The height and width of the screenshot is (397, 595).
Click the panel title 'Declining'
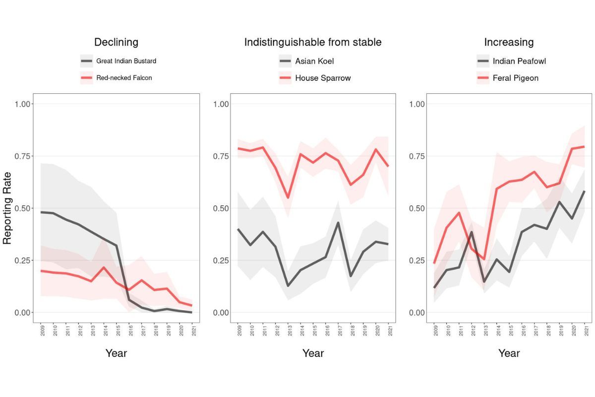(116, 42)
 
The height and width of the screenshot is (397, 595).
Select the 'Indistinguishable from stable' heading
(313, 42)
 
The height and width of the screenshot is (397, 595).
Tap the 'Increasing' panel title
(509, 42)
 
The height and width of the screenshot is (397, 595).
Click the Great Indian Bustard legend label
(126, 61)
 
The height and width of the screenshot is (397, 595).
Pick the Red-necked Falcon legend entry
(124, 78)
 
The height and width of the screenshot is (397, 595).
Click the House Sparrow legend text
(323, 78)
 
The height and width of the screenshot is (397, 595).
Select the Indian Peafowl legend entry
(519, 61)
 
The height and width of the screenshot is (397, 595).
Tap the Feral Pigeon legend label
(516, 78)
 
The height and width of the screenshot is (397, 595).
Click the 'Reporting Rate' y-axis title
(7, 208)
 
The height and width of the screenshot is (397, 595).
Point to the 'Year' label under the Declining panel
(116, 353)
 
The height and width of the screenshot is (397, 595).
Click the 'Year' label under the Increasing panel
(509, 353)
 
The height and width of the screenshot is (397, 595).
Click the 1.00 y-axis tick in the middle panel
(221, 104)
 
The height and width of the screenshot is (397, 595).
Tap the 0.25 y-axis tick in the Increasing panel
(417, 261)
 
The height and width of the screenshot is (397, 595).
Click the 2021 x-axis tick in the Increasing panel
(586, 331)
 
